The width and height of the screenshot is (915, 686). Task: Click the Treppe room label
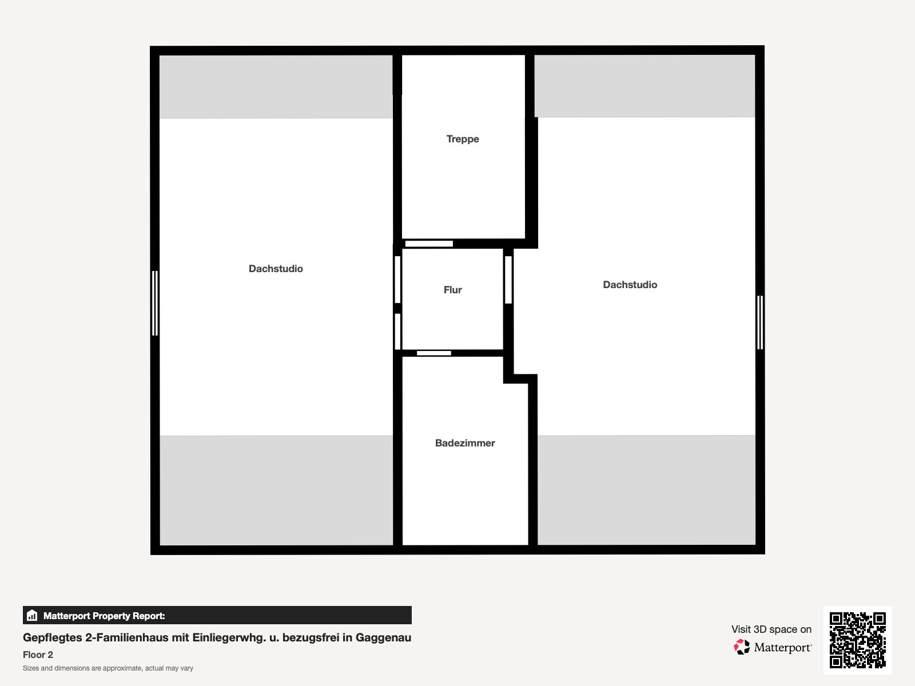(462, 139)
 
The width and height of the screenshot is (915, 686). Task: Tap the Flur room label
(452, 289)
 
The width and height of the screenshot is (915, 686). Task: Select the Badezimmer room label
(465, 442)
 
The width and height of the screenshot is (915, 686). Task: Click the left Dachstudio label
(276, 269)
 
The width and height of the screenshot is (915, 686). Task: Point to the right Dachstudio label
(630, 285)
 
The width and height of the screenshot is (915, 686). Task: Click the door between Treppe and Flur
(429, 244)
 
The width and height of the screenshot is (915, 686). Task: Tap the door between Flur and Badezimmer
(434, 353)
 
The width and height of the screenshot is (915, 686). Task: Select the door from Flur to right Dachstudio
(508, 280)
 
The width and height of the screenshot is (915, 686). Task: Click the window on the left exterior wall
(154, 303)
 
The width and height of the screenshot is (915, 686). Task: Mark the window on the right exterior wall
(760, 322)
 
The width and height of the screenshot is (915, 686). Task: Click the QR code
(857, 640)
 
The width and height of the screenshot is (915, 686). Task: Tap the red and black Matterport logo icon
(742, 647)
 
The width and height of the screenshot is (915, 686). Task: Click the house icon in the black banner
(32, 615)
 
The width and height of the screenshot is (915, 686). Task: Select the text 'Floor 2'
(38, 655)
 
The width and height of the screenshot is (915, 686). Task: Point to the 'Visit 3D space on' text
(771, 629)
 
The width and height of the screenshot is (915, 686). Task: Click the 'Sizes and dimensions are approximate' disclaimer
(108, 668)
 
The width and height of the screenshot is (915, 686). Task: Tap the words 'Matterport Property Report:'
(104, 616)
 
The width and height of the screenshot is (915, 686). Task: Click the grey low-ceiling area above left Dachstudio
(276, 87)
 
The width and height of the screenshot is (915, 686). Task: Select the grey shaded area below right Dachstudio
(646, 490)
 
